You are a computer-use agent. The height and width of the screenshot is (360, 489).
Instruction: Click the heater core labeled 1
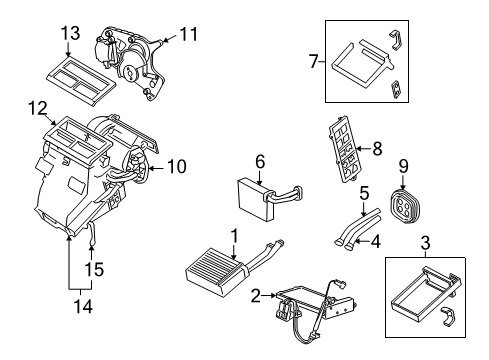tap(212, 275)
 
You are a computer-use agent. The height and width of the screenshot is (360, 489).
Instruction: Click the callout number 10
tap(176, 167)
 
